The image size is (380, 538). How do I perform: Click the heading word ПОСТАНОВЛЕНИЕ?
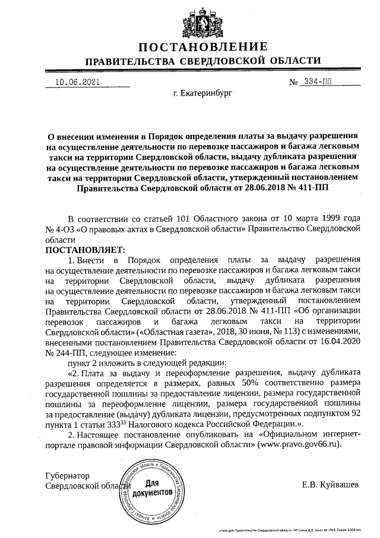[x=203, y=48]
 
